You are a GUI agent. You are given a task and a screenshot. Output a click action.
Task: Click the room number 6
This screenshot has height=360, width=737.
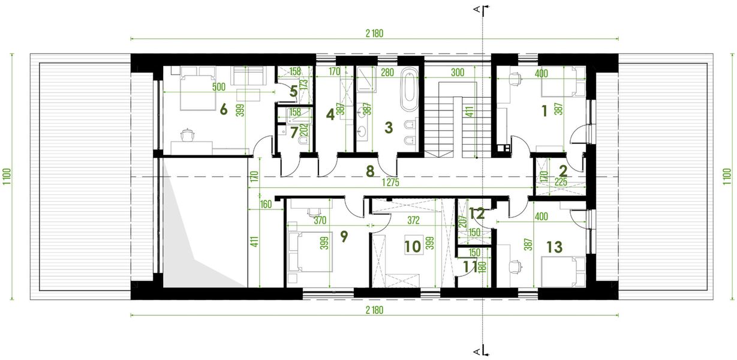coord(224,109)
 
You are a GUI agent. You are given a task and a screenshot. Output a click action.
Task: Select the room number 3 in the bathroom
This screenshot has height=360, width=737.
coord(388,127)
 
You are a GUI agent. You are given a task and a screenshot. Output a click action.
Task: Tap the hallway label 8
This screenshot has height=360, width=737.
coord(370,172)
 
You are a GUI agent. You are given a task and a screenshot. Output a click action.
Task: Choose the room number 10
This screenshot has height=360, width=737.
coord(412,245)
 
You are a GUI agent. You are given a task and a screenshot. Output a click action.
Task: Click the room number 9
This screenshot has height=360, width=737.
coord(344,236)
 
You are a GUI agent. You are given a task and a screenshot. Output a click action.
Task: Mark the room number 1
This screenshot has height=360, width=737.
coord(545,110)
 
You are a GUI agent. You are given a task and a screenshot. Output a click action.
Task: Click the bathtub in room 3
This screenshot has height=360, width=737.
coord(409,91)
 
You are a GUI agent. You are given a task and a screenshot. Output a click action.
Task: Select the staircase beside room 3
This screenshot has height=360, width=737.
coord(450,120)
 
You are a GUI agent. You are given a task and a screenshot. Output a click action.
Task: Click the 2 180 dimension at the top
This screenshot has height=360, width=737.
coord(373,34)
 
